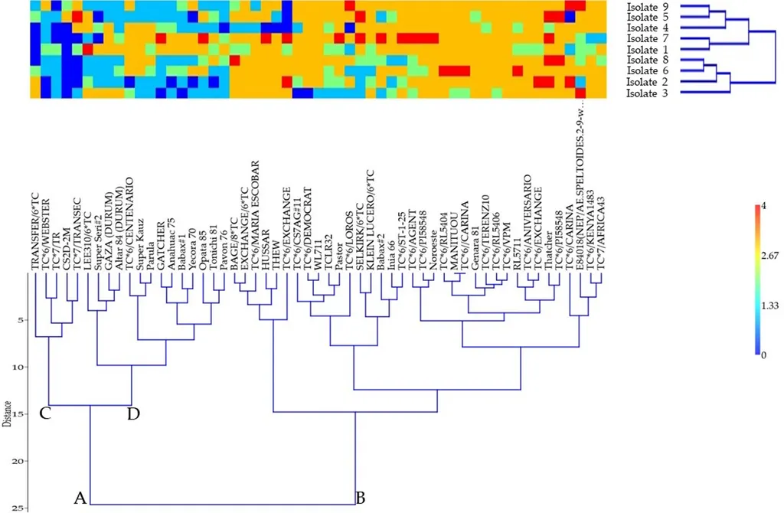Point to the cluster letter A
(x=80, y=498)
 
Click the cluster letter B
(x=360, y=498)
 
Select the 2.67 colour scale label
(x=768, y=256)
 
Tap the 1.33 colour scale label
(x=768, y=306)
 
